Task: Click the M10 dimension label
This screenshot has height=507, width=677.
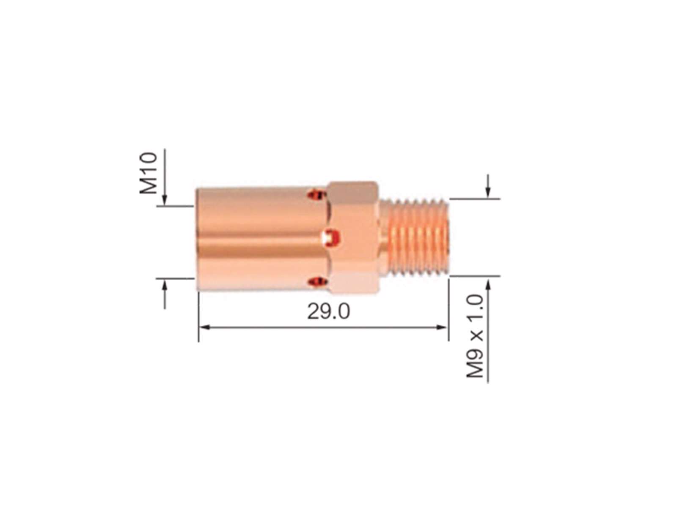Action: click(x=149, y=173)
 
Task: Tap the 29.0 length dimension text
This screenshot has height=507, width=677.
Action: click(x=328, y=311)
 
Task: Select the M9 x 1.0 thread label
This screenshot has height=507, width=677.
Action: click(x=475, y=336)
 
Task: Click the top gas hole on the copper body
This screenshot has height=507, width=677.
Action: click(x=317, y=194)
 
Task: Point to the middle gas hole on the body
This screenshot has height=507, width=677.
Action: click(x=330, y=239)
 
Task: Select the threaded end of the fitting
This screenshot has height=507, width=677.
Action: click(x=415, y=237)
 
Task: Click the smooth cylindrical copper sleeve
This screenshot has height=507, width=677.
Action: click(x=262, y=239)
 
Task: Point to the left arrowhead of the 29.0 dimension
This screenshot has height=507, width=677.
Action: click(x=204, y=327)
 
